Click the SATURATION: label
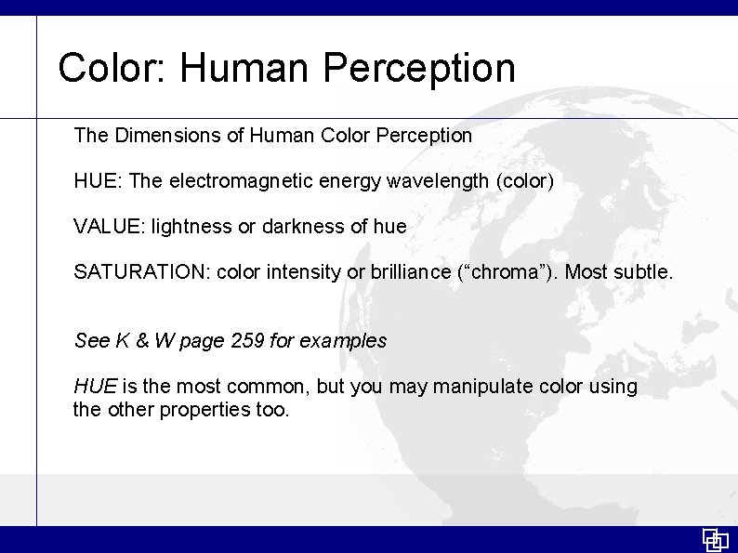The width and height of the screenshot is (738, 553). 141,272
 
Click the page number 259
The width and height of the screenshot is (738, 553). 247,341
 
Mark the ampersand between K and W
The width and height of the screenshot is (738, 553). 142,341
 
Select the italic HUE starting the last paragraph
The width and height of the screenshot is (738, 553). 95,387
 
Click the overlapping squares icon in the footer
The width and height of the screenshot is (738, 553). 715,540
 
